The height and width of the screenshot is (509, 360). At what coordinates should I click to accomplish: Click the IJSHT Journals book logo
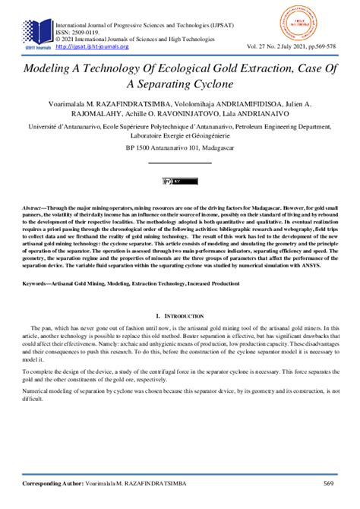coord(36,33)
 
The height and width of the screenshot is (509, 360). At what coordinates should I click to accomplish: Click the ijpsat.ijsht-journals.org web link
coord(93,46)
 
